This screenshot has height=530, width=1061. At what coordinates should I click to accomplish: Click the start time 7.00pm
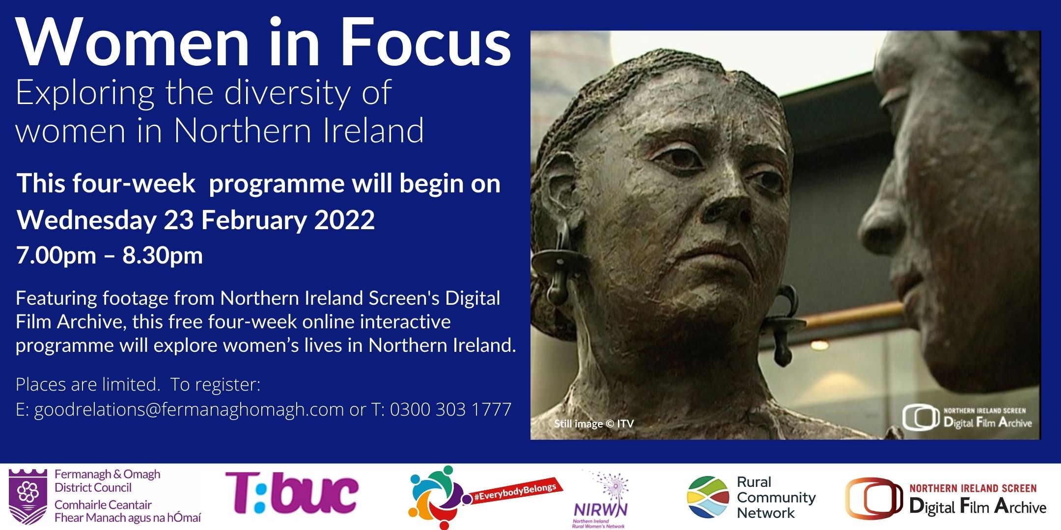[56, 256]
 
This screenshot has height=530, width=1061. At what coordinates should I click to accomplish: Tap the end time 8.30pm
[163, 256]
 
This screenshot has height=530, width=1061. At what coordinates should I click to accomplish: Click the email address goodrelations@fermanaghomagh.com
[189, 409]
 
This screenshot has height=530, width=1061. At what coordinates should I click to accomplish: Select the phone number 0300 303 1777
[451, 409]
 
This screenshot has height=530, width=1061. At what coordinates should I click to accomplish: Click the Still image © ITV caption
[594, 424]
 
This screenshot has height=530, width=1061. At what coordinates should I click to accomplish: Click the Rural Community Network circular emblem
[708, 497]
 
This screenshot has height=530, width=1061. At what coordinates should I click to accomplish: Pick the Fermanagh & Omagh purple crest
[28, 496]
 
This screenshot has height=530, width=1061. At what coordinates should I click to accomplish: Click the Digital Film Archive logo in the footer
[946, 499]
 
